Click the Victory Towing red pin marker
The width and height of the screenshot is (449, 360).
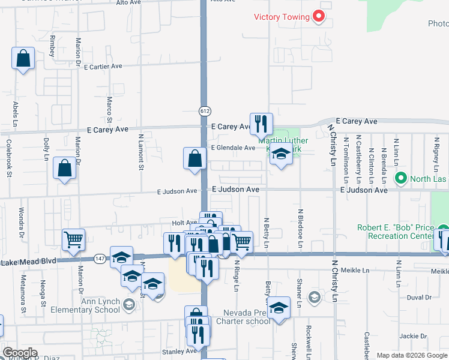click(x=319, y=17)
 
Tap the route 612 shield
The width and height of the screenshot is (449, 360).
click(x=205, y=110)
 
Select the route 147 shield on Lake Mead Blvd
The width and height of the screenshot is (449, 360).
click(x=100, y=258)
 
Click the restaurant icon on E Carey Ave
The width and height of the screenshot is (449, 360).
click(x=261, y=124)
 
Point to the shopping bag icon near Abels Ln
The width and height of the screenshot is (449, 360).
click(x=23, y=59)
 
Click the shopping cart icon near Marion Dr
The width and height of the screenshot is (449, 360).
click(x=73, y=239)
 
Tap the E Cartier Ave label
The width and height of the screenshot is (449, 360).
click(x=103, y=67)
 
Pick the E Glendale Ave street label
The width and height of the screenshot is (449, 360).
click(x=233, y=148)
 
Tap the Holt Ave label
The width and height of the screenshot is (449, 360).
click(x=184, y=223)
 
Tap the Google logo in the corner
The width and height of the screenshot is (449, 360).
click(x=20, y=353)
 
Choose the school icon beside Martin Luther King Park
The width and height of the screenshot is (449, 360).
click(x=280, y=154)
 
